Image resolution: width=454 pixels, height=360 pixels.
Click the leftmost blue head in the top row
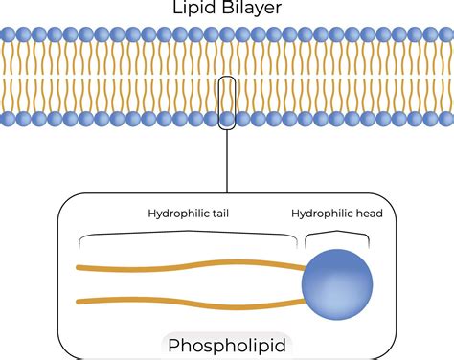click(7, 34)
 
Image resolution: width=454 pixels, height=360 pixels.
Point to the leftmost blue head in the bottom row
click(7, 120)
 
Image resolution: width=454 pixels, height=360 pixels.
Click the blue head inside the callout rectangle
click(226, 120)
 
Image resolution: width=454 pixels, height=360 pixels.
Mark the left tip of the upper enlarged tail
click(79, 267)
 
